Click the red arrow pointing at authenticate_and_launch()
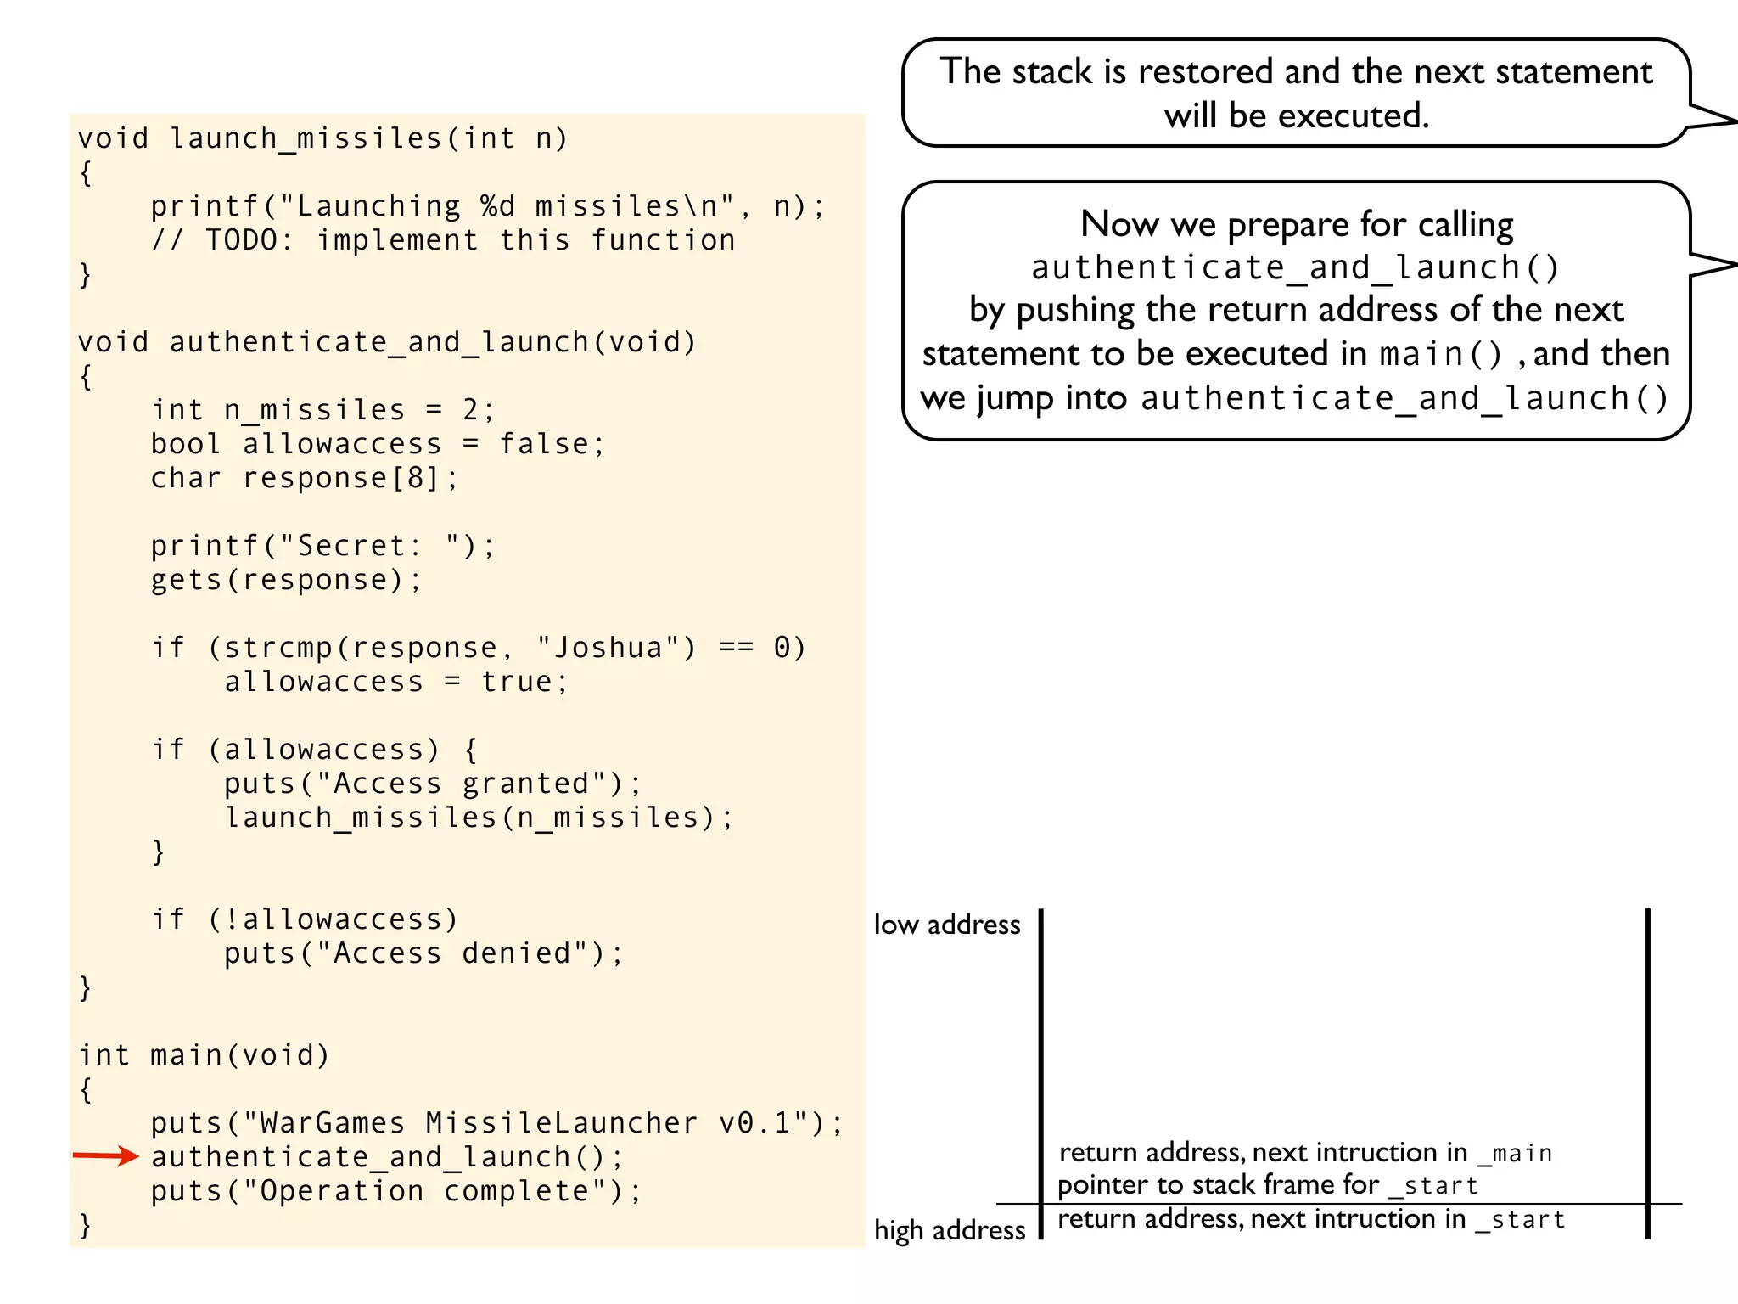[x=105, y=1155]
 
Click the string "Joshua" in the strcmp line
[x=608, y=648]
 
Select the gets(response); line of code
[x=285, y=580]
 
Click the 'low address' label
[x=947, y=925]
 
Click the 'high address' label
[x=950, y=1230]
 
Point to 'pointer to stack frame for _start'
[x=1268, y=1185]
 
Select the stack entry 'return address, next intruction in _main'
[x=1305, y=1153]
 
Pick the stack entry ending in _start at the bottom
[x=1311, y=1220]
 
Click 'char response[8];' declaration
[x=304, y=478]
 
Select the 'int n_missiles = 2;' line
[x=322, y=410]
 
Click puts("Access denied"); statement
[x=423, y=953]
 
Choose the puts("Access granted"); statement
[x=432, y=784]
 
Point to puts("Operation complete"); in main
[x=395, y=1191]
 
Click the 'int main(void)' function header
[x=204, y=1055]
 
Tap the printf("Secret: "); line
[x=322, y=546]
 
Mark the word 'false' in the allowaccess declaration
[x=543, y=444]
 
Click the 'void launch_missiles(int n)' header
[x=322, y=138]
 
